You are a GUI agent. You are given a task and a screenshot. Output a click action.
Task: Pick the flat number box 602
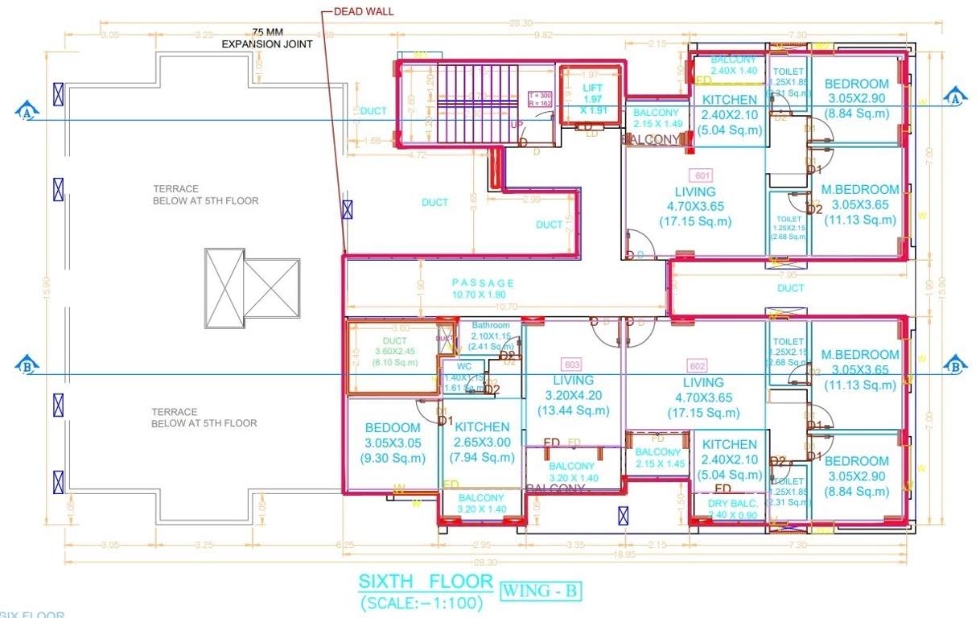pos(697,364)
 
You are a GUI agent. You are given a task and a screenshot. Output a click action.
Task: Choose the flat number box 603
pos(573,364)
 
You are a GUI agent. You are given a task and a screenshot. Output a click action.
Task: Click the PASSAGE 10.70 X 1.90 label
pos(483,289)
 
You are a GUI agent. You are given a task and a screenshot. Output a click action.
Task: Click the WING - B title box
pos(540,591)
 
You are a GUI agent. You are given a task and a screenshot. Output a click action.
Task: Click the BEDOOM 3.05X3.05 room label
pos(392,443)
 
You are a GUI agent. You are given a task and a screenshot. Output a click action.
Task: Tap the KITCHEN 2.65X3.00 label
pos(482,442)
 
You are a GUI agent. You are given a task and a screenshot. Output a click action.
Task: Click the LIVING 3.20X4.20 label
pos(573,395)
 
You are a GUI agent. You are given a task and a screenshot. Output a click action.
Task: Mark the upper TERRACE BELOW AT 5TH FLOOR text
pos(206,195)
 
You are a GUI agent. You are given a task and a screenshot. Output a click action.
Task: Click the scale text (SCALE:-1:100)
pos(422,603)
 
